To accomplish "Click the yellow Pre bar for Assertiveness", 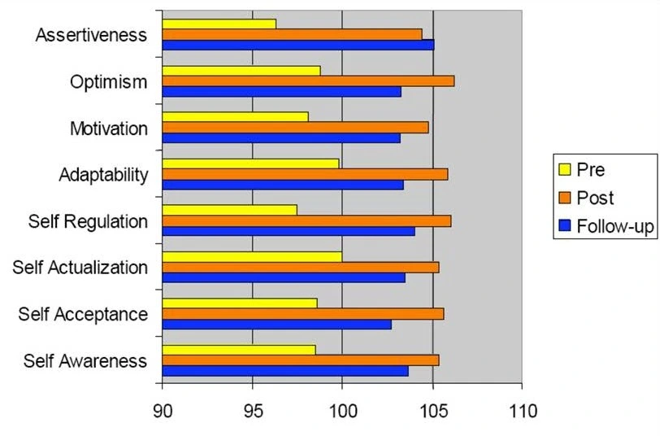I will (219, 24).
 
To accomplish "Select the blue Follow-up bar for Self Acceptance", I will (276, 325).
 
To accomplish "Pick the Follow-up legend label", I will (615, 226).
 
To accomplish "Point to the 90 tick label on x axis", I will (163, 411).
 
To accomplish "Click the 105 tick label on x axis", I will (432, 411).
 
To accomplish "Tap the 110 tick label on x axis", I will (521, 411).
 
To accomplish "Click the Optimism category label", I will (109, 81).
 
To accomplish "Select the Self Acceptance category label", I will (83, 314).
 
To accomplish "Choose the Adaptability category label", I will (103, 175).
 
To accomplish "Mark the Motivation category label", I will (109, 129).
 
